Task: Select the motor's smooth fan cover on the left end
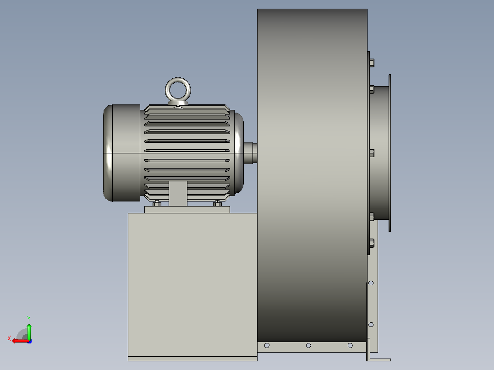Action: pos(122,153)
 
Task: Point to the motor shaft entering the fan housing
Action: pos(251,153)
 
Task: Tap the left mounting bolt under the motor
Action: pos(157,203)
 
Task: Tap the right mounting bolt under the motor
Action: pos(217,203)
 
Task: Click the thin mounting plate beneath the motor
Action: pos(187,210)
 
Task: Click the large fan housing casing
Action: pos(312,175)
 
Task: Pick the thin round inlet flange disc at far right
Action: pos(390,153)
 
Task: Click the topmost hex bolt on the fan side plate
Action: pos(372,63)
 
